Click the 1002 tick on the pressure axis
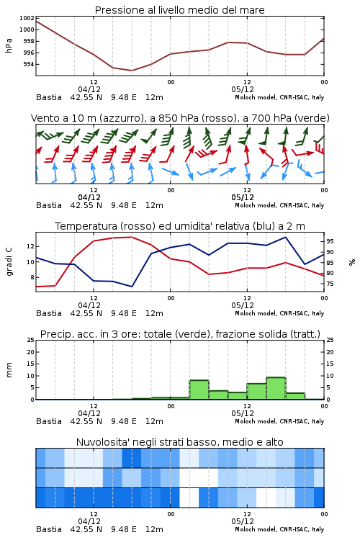coord(27,18)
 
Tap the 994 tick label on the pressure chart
coord(29,64)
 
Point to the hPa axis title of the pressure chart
coord(9,45)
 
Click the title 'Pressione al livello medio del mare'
coord(180,10)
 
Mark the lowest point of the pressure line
coord(132,71)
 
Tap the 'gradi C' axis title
coord(9,262)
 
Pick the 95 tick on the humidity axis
coord(330,241)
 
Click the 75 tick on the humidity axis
coord(330,284)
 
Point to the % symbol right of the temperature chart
coord(352,262)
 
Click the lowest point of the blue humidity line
coord(132,287)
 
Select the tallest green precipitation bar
coord(276,389)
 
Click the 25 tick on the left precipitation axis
coord(31,341)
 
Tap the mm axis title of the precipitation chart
coord(9,370)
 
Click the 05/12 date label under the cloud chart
coord(243,521)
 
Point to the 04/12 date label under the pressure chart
coord(89,89)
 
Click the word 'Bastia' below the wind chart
coord(49,206)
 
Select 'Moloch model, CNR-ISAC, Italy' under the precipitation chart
coord(279,421)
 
